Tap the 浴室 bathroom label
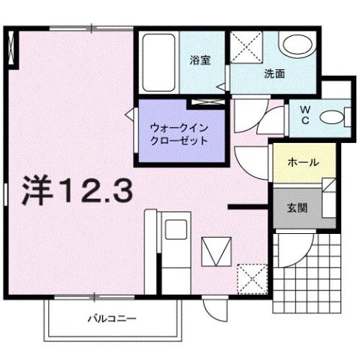198,61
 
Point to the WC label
305,117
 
